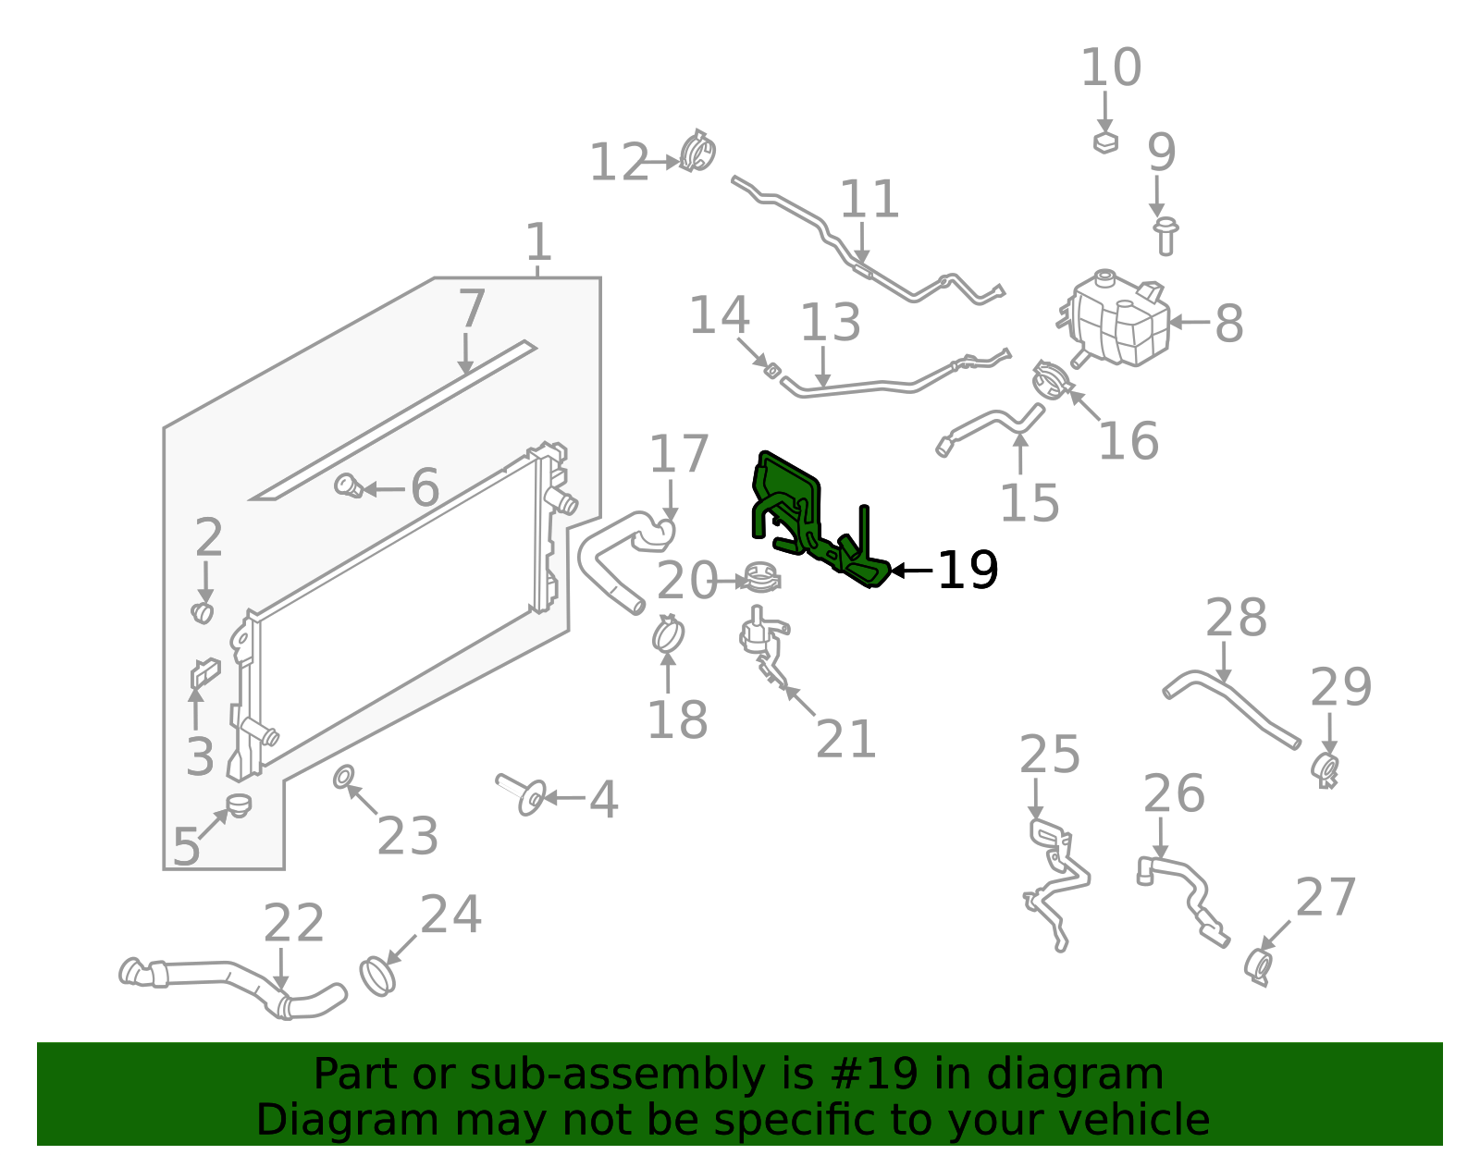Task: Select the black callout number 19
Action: [x=967, y=571]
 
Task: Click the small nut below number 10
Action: [x=1105, y=142]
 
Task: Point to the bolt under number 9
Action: [x=1165, y=237]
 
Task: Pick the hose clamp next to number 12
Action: [x=697, y=153]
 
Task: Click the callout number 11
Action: [x=869, y=201]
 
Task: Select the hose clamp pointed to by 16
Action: [x=1050, y=380]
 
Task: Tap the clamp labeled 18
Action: [x=668, y=635]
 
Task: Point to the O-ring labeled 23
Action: [x=342, y=776]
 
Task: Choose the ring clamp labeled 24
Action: [x=376, y=976]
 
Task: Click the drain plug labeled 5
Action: [x=240, y=805]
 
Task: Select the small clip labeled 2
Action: [x=203, y=612]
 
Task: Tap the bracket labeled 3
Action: [x=204, y=673]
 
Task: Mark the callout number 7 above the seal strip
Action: [x=471, y=309]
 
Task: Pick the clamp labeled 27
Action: [x=1258, y=967]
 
